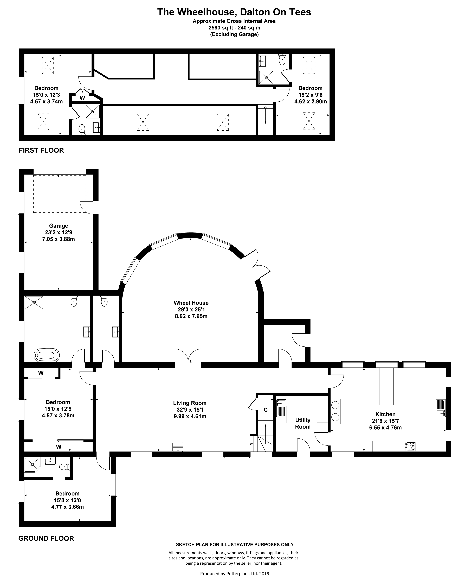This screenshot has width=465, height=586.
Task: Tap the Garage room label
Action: pos(58,226)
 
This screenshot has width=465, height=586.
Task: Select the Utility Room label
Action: pos(302,423)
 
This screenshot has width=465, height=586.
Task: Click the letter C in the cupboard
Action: pos(266,410)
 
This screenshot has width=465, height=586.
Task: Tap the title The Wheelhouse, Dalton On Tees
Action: pos(234,12)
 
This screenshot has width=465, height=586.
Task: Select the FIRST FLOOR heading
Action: pos(41,150)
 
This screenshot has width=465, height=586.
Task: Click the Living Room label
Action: pos(190,403)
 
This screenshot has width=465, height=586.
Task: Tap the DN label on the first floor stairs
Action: pos(265,107)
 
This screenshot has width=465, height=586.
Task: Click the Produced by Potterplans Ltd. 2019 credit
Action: pos(235,574)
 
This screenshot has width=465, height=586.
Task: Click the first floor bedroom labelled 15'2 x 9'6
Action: pos(310,95)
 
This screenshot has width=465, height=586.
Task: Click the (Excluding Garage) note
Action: pos(234,34)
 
